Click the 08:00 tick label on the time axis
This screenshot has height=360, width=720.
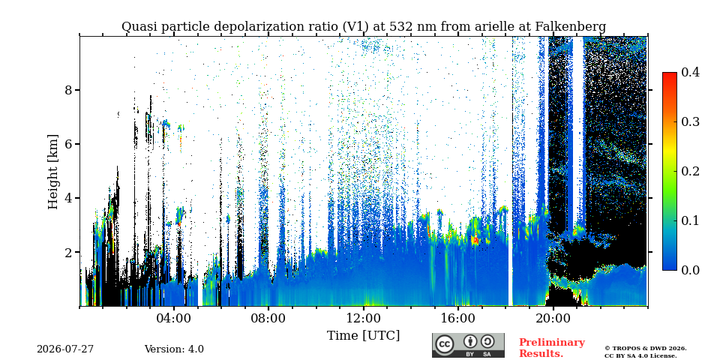(x=268, y=319)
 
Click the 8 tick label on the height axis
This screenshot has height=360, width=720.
(x=68, y=90)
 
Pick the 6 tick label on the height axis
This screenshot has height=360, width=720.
(x=68, y=144)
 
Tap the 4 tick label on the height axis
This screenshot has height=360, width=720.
(x=68, y=198)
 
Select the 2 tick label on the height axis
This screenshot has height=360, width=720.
(x=68, y=252)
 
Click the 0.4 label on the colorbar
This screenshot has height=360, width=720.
(x=690, y=72)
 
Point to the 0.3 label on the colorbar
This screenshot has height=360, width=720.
(x=690, y=121)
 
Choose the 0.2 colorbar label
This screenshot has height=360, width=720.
(x=690, y=171)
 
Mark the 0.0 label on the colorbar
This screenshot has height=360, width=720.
(x=690, y=270)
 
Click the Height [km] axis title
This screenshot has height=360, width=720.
(x=53, y=172)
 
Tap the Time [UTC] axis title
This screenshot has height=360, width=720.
(x=363, y=336)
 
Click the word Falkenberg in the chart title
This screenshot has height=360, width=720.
(x=570, y=27)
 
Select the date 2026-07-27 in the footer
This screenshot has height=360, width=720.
(x=65, y=349)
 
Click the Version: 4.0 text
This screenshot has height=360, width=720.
(x=174, y=349)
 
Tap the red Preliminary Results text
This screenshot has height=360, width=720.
(x=552, y=348)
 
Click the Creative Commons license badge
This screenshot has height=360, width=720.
(x=468, y=345)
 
